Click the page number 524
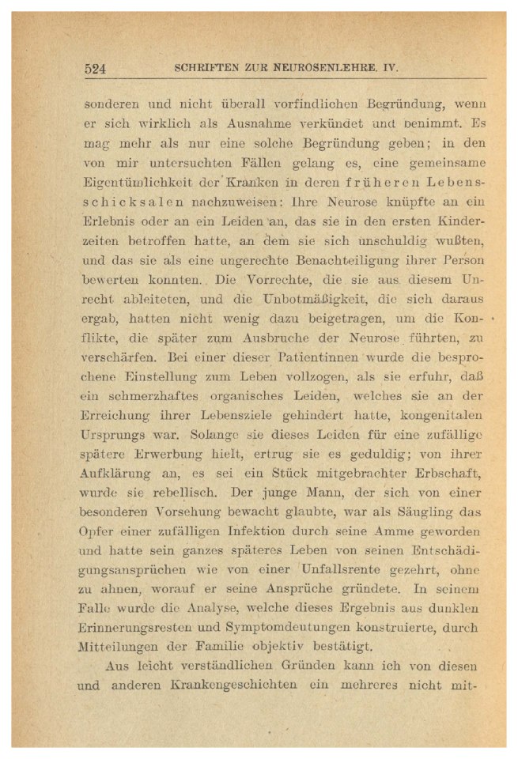[x=96, y=68]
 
